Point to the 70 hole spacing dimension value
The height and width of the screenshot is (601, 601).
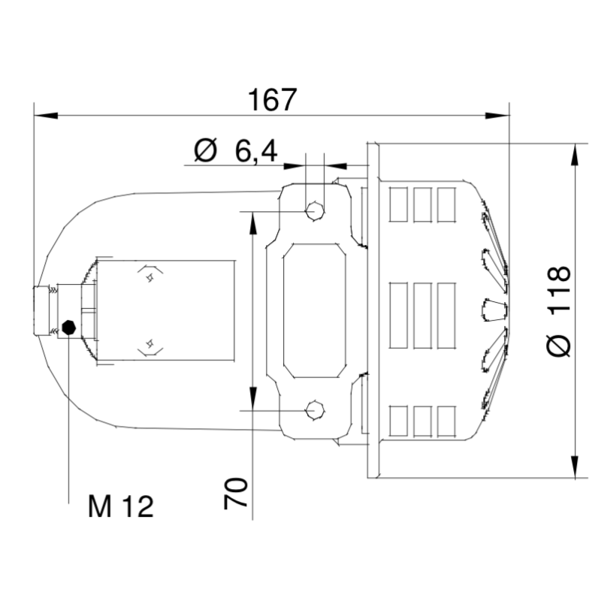237,494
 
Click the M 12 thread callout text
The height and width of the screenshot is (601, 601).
120,507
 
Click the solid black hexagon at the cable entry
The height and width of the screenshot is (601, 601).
68,327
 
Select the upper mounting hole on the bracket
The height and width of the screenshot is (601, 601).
315,211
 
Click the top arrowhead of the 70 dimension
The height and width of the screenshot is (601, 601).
252,222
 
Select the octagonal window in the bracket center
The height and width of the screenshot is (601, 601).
314,311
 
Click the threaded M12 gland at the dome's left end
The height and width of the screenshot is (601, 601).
45,311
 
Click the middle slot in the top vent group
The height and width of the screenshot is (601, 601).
422,204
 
